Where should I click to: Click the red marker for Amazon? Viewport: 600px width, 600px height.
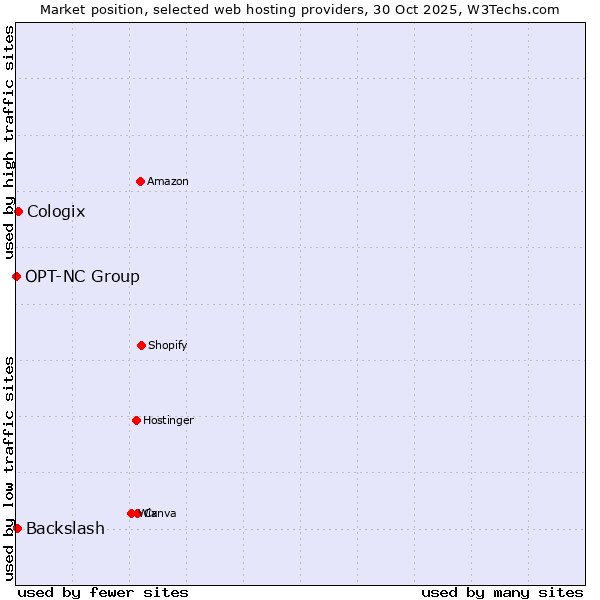[141, 181]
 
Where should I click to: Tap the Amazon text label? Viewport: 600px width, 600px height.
[168, 181]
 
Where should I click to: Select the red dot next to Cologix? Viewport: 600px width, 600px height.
[18, 211]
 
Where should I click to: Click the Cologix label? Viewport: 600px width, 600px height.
[56, 211]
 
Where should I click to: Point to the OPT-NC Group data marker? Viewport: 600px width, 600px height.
[16, 276]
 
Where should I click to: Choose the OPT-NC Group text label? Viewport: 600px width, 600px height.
[82, 276]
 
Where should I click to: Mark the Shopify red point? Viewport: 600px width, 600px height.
[141, 345]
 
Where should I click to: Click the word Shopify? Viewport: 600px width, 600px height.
[168, 345]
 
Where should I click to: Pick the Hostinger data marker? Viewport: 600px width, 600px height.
[137, 420]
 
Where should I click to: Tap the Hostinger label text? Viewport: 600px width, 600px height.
[168, 420]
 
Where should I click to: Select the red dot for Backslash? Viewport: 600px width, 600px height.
[17, 528]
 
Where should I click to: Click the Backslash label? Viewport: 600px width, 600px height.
[65, 528]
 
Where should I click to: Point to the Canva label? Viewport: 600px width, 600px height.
[162, 513]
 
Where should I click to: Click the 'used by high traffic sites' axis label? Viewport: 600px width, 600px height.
[10, 142]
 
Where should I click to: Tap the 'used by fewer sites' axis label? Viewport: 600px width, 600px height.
[103, 592]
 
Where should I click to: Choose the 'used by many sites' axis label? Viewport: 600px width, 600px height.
[502, 592]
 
